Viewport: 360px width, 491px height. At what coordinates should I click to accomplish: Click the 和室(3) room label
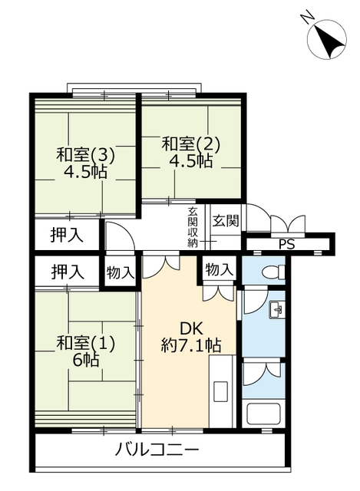pos(85,155)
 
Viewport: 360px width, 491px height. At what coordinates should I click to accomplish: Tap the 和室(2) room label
pos(191,144)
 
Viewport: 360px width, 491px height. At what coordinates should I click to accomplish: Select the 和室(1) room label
pos(85,343)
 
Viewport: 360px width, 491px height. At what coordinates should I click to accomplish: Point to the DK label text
pos(191,329)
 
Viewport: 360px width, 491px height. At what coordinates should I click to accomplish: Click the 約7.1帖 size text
pos(191,345)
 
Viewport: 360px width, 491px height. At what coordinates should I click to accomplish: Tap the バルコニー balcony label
pos(157,450)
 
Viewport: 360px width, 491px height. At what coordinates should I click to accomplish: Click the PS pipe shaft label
pos(287,244)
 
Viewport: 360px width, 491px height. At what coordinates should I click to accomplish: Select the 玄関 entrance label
pos(226,220)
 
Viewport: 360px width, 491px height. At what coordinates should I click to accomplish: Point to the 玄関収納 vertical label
pos(193,227)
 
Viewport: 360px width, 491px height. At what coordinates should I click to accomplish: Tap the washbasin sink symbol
pos(276,310)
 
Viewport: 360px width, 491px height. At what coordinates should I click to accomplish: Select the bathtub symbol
pos(263,413)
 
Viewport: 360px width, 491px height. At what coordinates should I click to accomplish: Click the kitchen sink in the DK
pos(221,391)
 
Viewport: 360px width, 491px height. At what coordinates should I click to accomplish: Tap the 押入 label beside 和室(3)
pos(67,235)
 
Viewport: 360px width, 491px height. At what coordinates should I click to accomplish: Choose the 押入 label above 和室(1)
pos(68,272)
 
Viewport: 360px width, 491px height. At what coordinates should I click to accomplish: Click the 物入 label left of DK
pos(121,273)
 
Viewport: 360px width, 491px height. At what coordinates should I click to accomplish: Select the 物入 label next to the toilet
pos(220,270)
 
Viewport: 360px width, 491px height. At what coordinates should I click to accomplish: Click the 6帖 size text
pos(86,361)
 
